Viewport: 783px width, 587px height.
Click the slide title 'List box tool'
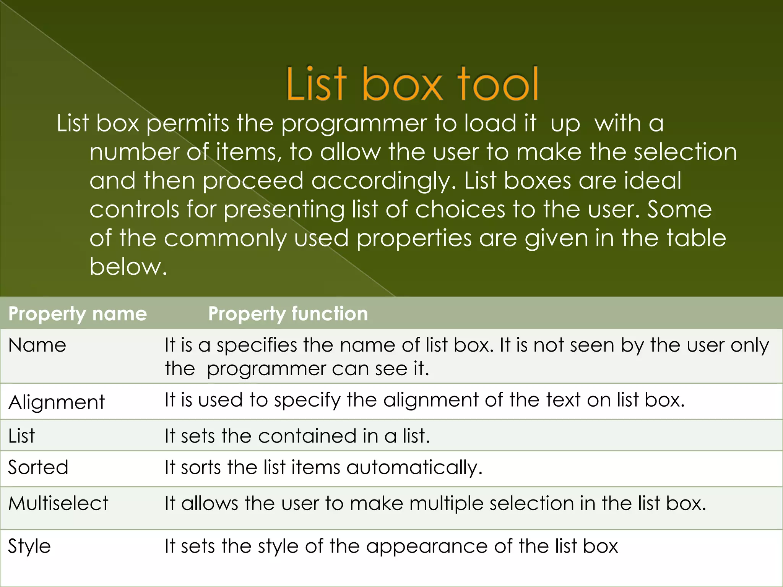pyautogui.click(x=412, y=84)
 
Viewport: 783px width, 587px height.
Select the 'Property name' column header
pyautogui.click(x=78, y=314)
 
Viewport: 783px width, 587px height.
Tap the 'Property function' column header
pyautogui.click(x=288, y=314)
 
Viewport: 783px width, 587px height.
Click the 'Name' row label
pyautogui.click(x=37, y=345)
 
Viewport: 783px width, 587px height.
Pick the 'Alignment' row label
pyautogui.click(x=57, y=402)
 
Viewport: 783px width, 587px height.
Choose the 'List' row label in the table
pyautogui.click(x=21, y=436)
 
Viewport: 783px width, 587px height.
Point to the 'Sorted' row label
pyautogui.click(x=38, y=467)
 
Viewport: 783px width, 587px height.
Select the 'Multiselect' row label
pyautogui.click(x=58, y=503)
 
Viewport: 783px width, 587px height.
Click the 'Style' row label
pyautogui.click(x=29, y=546)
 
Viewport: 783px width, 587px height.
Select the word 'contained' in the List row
pyautogui.click(x=302, y=436)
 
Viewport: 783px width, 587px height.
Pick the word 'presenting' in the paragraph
pyautogui.click(x=284, y=210)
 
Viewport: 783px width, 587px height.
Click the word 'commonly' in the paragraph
pyautogui.click(x=225, y=238)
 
